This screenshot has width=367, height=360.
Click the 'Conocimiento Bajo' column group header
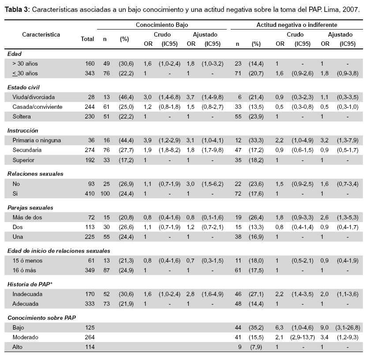click(162, 25)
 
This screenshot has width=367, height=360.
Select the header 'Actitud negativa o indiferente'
click(297, 25)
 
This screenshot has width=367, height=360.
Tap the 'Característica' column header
click(41, 35)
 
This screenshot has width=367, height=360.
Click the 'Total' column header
click(87, 39)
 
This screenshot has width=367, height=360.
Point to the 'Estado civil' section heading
click(23, 87)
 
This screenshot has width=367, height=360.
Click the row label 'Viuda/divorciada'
click(34, 97)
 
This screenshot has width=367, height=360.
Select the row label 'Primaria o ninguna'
click(37, 140)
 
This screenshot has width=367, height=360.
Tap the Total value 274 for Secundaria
click(90, 150)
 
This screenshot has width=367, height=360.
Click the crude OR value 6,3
click(279, 327)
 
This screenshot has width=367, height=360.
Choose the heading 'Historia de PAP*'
click(30, 284)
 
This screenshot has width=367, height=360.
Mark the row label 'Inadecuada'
click(27, 294)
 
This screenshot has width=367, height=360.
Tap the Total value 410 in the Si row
click(90, 193)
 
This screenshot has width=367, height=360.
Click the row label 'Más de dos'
click(27, 217)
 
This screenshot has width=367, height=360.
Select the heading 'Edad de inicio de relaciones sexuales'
click(59, 251)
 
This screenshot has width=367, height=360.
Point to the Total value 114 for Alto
click(90, 347)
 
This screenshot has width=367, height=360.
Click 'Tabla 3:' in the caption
click(17, 10)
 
